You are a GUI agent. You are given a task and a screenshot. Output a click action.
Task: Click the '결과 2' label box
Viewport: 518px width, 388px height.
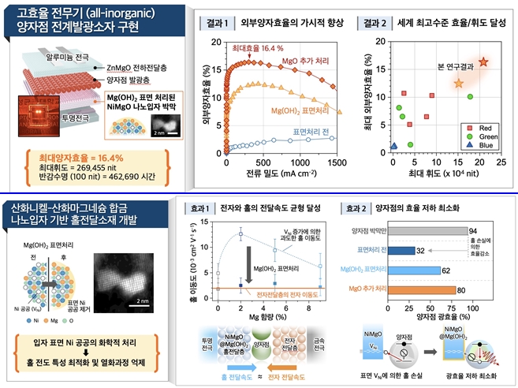(x=368, y=24)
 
